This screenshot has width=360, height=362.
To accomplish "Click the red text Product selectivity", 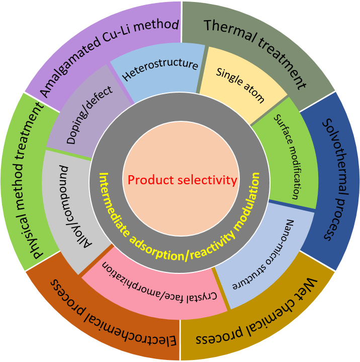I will pos(182,180).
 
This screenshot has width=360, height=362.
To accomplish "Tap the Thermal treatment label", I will pos(255,53).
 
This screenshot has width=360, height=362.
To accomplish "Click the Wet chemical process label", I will pos(257,312).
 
